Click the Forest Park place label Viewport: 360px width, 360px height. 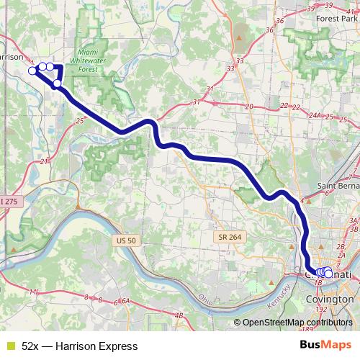332,20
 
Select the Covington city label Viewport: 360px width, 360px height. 330,299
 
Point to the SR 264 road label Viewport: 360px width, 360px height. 228,237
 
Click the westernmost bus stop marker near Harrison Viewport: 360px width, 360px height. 32,71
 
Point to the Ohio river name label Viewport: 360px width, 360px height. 206,297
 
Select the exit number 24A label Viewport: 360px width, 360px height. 314,114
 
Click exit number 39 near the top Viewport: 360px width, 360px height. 309,7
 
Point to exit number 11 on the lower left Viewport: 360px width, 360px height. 33,292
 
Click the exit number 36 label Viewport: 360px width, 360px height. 269,30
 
